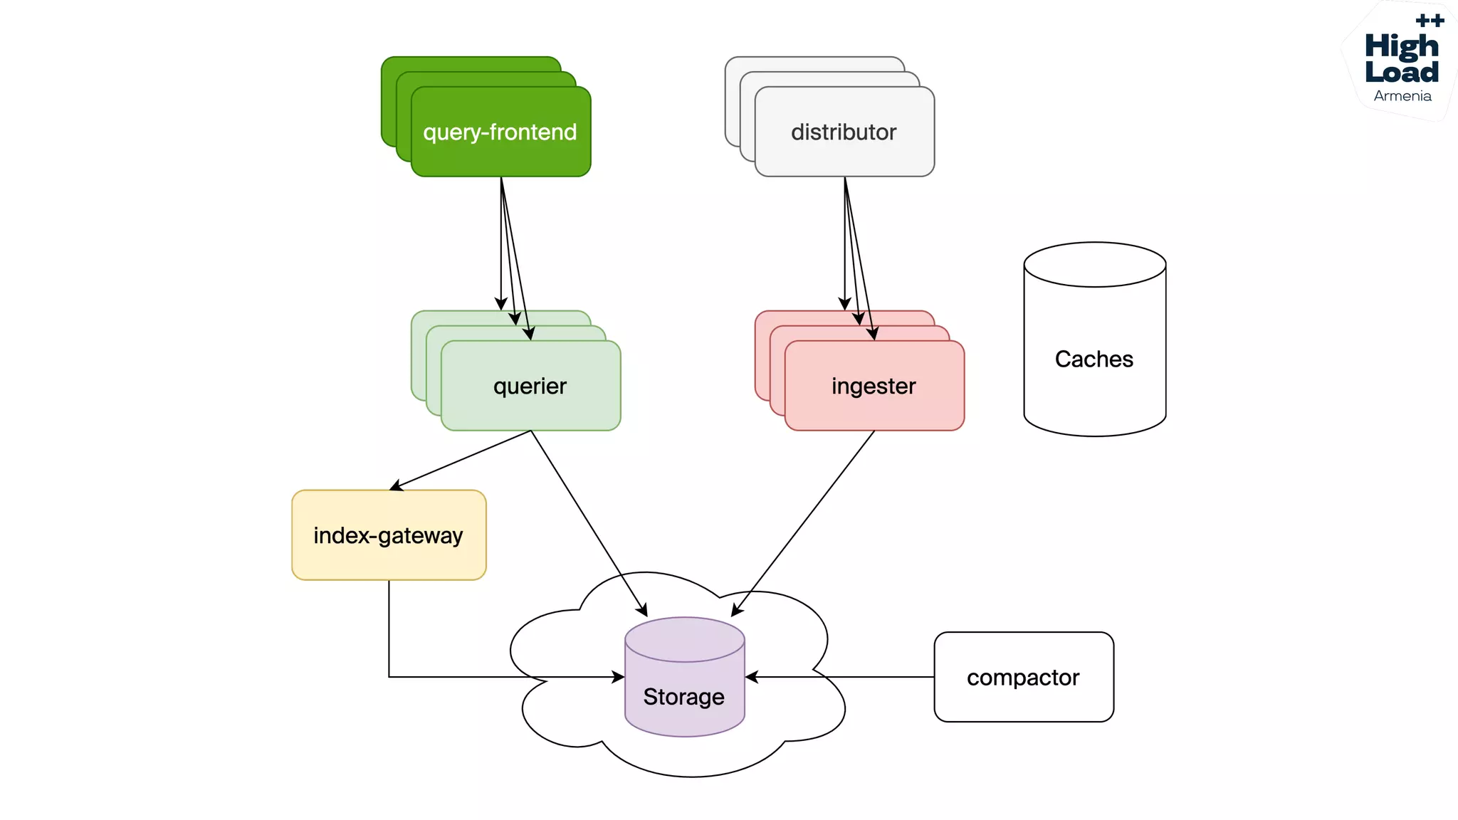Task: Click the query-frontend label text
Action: point(500,132)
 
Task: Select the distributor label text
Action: point(844,132)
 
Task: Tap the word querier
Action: point(530,387)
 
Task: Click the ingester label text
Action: point(874,387)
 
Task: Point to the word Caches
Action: point(1093,359)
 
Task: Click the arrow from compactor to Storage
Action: point(840,677)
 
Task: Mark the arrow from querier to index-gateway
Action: point(463,459)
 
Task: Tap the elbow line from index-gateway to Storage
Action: point(389,641)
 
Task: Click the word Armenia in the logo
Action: point(1402,96)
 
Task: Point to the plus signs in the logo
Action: point(1430,21)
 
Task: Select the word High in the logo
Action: point(1401,46)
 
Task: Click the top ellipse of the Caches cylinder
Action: point(1094,264)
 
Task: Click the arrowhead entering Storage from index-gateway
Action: point(618,677)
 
